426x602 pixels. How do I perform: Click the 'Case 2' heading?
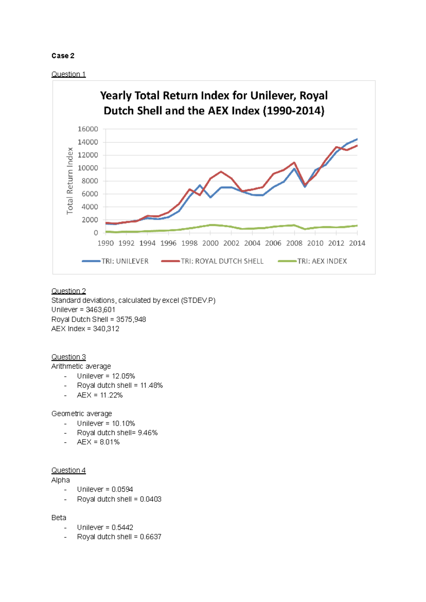(63, 56)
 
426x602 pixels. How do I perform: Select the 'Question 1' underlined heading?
(69, 74)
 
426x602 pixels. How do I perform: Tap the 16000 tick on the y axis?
(88, 129)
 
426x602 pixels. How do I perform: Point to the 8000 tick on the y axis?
(90, 181)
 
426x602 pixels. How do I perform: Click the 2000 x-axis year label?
(210, 243)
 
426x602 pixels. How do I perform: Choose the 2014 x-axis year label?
(357, 243)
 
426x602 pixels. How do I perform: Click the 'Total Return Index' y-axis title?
(70, 181)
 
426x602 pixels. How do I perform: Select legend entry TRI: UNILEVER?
(125, 261)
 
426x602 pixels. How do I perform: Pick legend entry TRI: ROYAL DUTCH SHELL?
(222, 261)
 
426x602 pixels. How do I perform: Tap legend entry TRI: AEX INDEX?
(322, 261)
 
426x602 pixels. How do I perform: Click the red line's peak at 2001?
(221, 172)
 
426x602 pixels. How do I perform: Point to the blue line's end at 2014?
(357, 139)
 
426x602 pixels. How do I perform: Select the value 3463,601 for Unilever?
(100, 310)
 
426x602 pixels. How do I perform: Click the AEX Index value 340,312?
(106, 329)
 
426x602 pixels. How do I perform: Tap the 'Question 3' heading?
(69, 357)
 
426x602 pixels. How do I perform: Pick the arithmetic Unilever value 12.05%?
(124, 376)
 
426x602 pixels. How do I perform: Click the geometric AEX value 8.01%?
(110, 442)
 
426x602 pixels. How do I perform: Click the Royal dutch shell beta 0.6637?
(151, 537)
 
